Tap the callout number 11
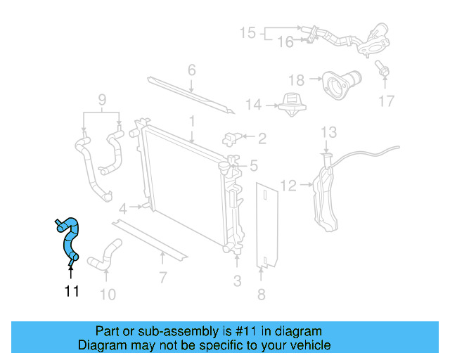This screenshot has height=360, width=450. coord(72,291)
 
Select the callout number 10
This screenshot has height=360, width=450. coord(107,294)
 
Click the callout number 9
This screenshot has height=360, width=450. coord(103,100)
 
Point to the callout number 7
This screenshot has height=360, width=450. coord(162,277)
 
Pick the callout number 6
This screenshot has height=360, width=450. coord(191,70)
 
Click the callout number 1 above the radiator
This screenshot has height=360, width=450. coord(191,122)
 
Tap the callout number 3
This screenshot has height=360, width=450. coord(237,281)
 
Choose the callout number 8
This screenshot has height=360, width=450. coord(262,294)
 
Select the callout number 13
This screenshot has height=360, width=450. coord(328,132)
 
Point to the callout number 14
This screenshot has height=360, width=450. coord(253,105)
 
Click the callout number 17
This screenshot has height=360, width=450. coord(387,101)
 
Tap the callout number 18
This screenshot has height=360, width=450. coord(296,80)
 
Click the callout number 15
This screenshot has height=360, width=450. coord(247,32)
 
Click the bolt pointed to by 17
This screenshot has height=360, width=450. coord(383,70)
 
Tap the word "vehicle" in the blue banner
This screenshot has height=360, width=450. coord(310,345)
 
